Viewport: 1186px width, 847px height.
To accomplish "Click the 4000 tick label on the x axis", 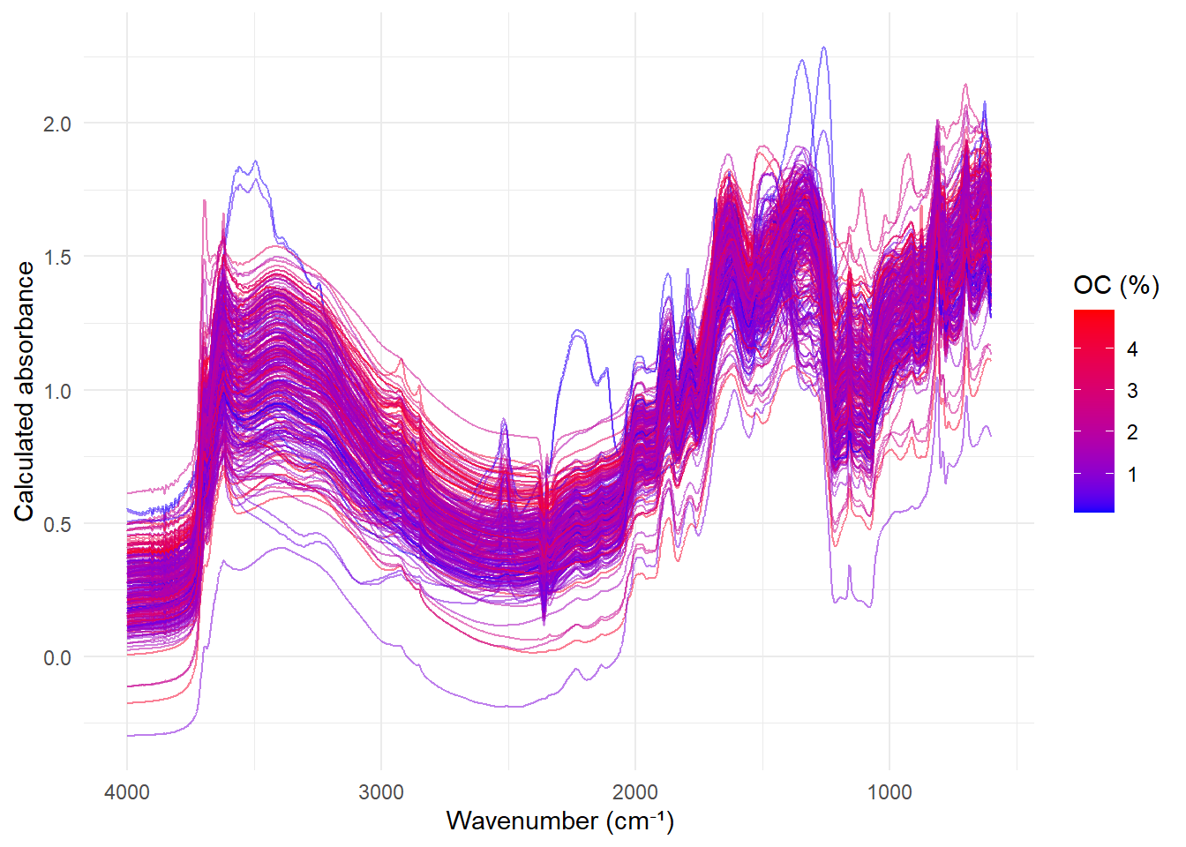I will click(127, 791).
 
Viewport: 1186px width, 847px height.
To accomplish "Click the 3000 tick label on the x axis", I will click(381, 791).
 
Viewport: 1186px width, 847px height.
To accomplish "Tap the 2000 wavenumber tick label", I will click(635, 791).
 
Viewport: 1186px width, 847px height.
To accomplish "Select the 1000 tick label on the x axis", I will click(889, 791).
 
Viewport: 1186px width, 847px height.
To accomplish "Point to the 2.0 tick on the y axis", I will click(57, 124).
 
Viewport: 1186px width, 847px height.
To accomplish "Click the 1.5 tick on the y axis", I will click(57, 257).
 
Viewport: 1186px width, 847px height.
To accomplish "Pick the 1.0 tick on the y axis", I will click(57, 391).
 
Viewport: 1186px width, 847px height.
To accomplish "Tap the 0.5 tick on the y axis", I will click(57, 524).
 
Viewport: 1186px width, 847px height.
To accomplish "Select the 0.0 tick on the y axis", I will click(57, 657).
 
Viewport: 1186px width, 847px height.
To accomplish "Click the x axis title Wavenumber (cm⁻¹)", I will click(560, 821).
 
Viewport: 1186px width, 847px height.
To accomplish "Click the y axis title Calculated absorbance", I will click(24, 391).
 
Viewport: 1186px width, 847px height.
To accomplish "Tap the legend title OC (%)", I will click(1116, 285).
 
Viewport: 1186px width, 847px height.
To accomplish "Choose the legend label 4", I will click(1133, 349).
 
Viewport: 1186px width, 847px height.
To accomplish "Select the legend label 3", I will click(1133, 391).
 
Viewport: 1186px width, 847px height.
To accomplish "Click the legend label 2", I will click(1133, 432).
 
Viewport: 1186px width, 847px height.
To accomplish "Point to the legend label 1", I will click(1133, 475).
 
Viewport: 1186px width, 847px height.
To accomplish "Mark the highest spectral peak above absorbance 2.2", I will click(824, 48).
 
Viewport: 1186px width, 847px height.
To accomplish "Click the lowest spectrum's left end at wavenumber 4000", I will click(128, 735).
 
